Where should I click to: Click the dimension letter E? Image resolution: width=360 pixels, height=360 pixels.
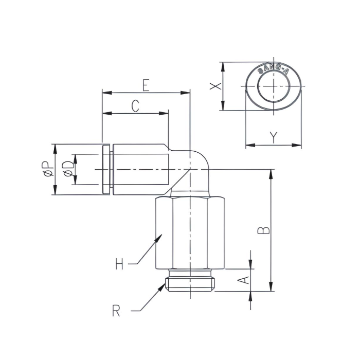tap(146, 85)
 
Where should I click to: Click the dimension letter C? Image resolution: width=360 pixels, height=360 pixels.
tap(135, 106)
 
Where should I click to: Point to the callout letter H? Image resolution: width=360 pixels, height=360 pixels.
tap(119, 265)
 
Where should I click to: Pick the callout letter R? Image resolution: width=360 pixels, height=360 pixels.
tap(116, 311)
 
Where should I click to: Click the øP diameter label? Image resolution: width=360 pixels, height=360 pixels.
tap(46, 169)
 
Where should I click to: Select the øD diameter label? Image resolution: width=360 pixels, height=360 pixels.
tap(67, 169)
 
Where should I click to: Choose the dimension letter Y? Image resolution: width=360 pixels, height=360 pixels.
tap(274, 137)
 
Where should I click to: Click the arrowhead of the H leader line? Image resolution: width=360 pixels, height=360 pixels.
tap(160, 236)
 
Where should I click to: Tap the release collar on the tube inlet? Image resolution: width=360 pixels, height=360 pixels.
tap(105, 169)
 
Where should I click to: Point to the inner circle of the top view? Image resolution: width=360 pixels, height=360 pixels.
tap(274, 86)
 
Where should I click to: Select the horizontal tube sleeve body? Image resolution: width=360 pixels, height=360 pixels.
tap(140, 169)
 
